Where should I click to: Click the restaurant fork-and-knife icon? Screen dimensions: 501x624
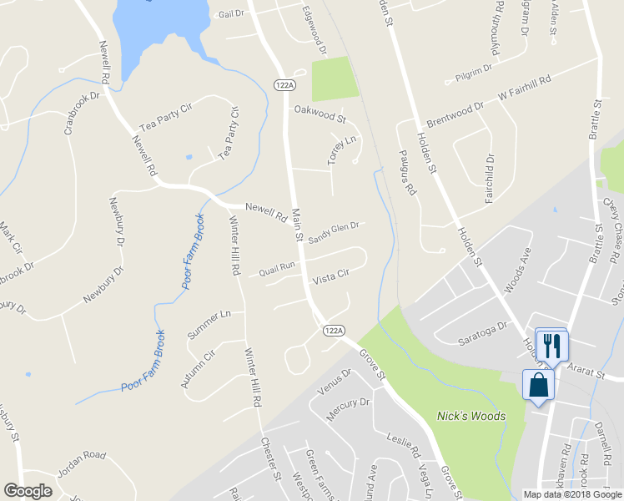(x=552, y=345)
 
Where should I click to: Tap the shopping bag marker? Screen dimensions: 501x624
(x=538, y=386)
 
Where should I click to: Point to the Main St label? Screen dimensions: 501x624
(x=298, y=226)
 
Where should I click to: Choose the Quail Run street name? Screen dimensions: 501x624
(x=277, y=267)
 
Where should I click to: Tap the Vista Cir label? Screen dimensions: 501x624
(x=330, y=274)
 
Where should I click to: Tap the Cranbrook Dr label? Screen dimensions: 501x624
(x=82, y=113)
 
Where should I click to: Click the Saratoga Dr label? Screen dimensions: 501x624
(x=483, y=336)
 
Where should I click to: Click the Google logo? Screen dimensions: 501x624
(x=28, y=491)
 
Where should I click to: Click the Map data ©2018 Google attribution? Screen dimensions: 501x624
(x=572, y=494)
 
